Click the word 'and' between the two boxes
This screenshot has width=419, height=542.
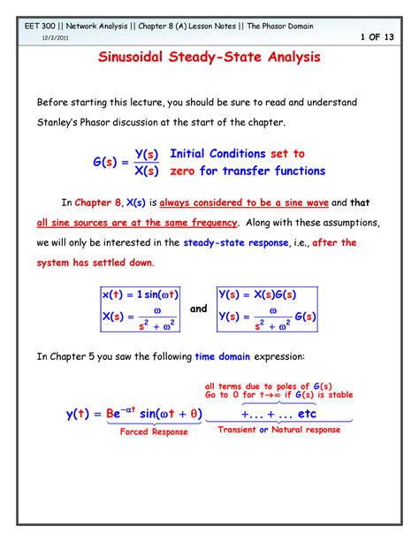coord(198,309)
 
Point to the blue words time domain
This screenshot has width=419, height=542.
coord(225,355)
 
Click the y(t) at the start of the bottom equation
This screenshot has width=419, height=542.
coord(80,413)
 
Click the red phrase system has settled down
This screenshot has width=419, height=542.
coord(94,263)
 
